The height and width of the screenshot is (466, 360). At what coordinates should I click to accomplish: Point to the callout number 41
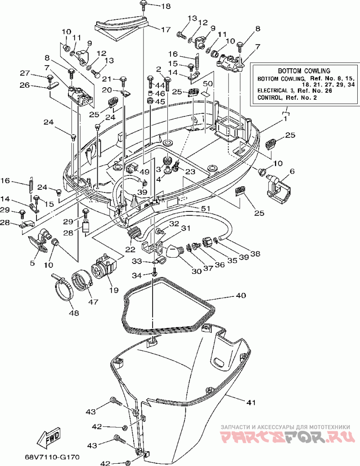(x=250, y=403)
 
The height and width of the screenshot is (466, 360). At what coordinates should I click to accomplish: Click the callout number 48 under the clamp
(x=74, y=313)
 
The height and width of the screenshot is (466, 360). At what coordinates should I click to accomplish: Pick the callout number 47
(x=93, y=301)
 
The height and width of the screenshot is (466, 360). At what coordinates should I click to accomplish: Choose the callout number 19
(x=114, y=290)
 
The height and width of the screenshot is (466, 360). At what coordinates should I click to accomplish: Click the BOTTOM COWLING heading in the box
(x=304, y=71)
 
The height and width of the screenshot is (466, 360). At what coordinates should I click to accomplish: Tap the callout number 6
(x=292, y=172)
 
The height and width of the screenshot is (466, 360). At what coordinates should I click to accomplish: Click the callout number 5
(x=32, y=263)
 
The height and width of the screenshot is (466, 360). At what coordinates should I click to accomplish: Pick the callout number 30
(x=197, y=271)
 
